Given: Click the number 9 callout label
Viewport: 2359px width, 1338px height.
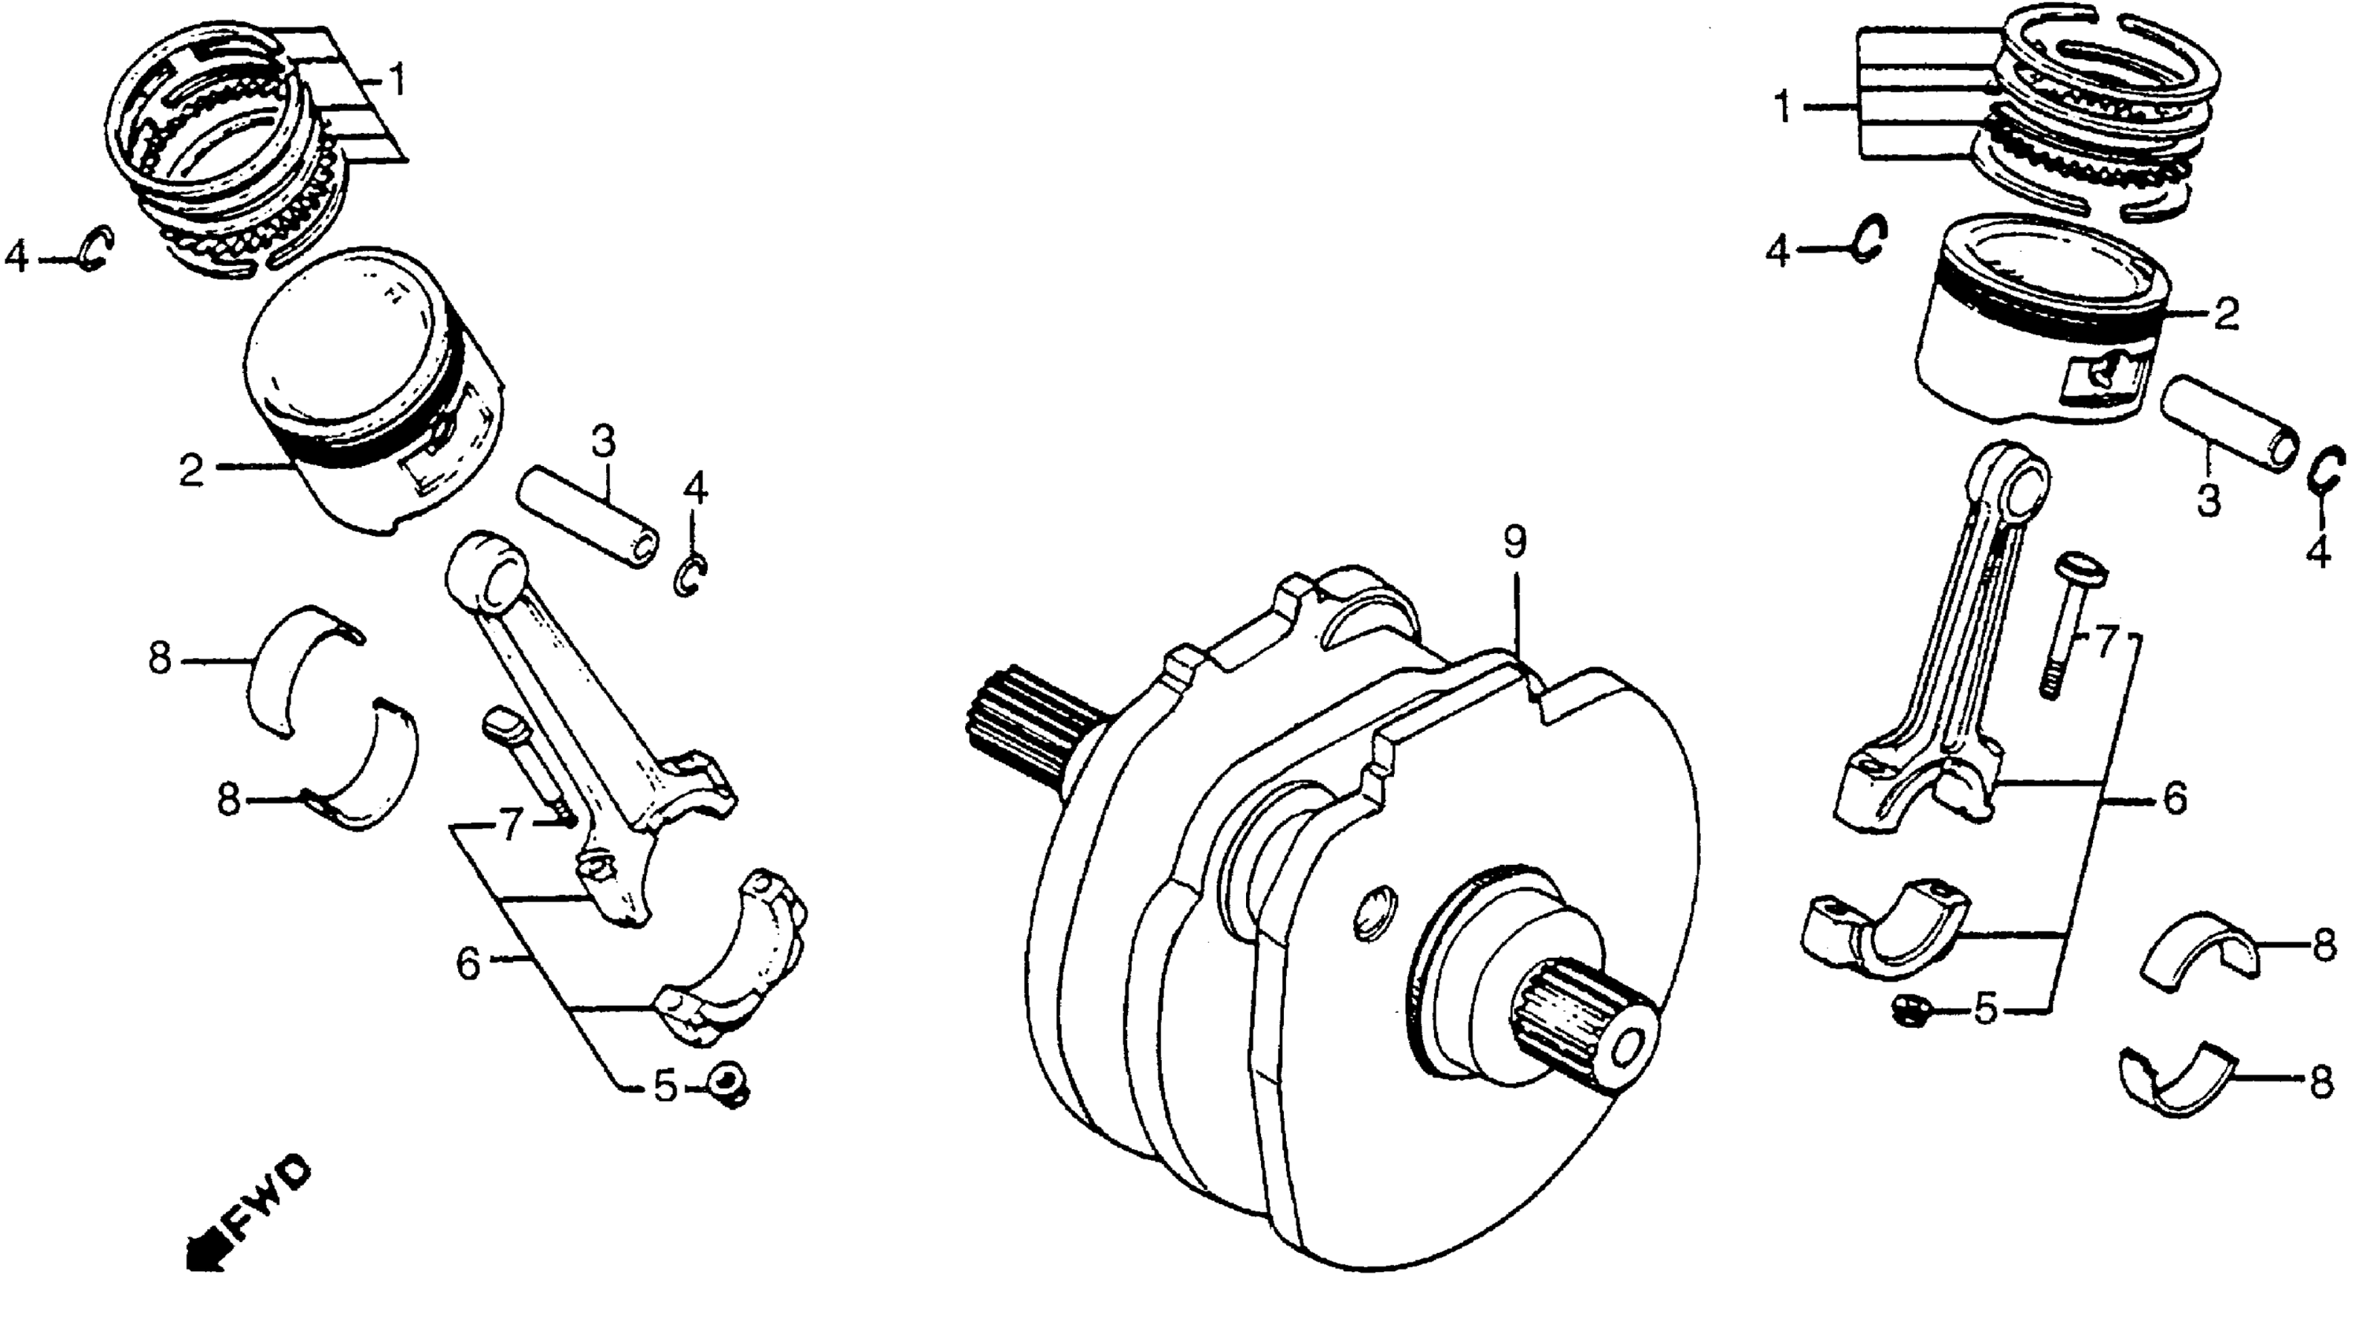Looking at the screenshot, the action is (x=1514, y=543).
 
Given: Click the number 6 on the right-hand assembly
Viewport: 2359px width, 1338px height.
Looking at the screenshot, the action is (x=2174, y=800).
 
